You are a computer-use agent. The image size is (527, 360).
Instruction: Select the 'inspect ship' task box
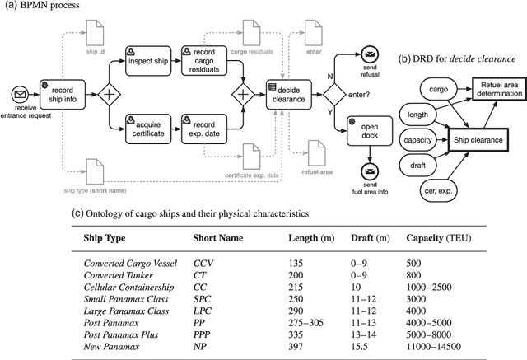tap(148, 62)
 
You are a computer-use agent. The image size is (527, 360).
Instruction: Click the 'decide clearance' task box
tap(286, 96)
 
